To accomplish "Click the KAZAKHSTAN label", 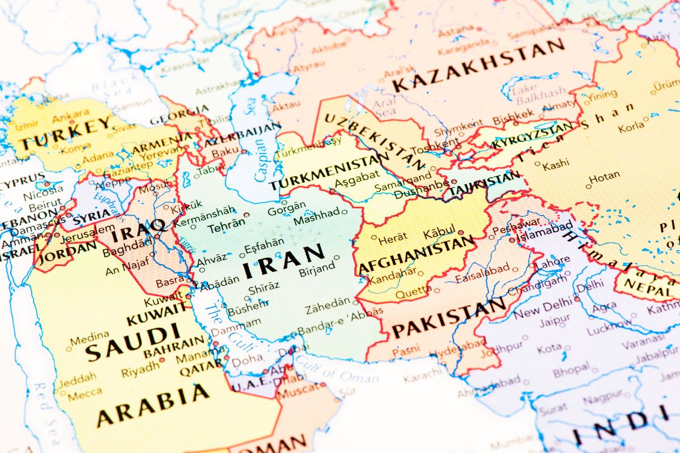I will click(479, 66).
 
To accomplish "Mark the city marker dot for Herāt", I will click(373, 238).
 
